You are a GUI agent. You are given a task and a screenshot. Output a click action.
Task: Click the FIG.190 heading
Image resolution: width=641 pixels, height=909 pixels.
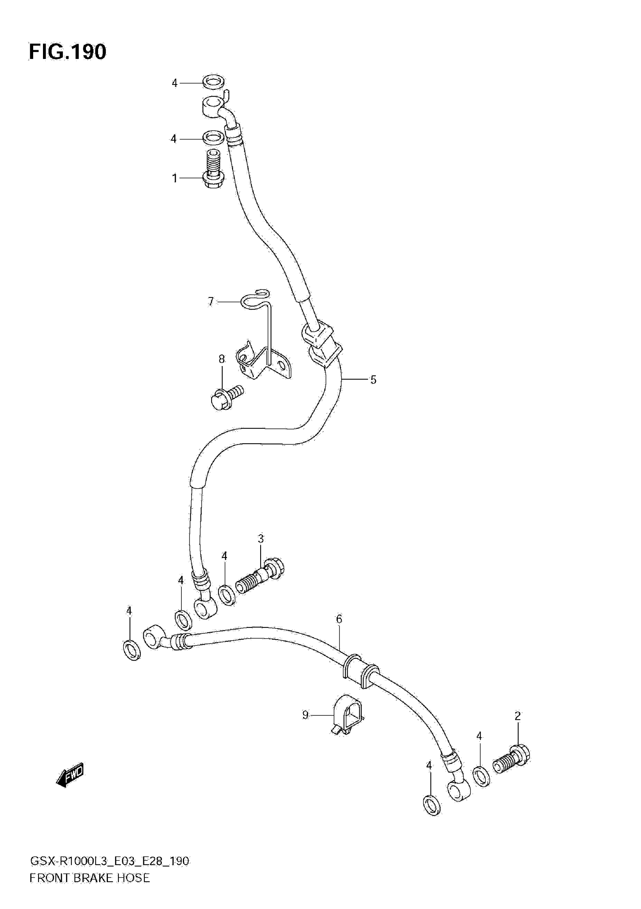tap(67, 52)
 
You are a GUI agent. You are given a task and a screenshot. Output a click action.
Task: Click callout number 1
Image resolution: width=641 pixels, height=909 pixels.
tap(174, 179)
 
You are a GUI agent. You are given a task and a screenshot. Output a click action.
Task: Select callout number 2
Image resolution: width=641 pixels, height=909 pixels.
tap(518, 716)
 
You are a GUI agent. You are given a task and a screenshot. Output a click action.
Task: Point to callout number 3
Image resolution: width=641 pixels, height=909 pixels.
tap(261, 539)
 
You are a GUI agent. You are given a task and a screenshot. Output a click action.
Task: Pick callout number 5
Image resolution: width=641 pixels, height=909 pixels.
tap(373, 380)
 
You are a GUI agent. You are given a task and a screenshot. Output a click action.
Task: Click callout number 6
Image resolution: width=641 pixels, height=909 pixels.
tap(339, 619)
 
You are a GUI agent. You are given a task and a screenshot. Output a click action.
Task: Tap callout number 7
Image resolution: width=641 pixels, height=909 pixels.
tap(211, 302)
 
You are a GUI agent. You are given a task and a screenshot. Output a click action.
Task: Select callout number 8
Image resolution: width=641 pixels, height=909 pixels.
tap(222, 359)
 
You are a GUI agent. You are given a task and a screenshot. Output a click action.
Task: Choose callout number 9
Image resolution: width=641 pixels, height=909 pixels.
tap(305, 715)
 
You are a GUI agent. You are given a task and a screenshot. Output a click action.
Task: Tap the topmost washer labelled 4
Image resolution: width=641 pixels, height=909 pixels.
tap(213, 82)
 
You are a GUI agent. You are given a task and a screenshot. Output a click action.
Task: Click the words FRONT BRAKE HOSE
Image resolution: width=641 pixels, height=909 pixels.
tap(90, 889)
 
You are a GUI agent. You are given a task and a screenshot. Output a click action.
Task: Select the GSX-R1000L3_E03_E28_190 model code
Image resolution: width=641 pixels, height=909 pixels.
tap(109, 872)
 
